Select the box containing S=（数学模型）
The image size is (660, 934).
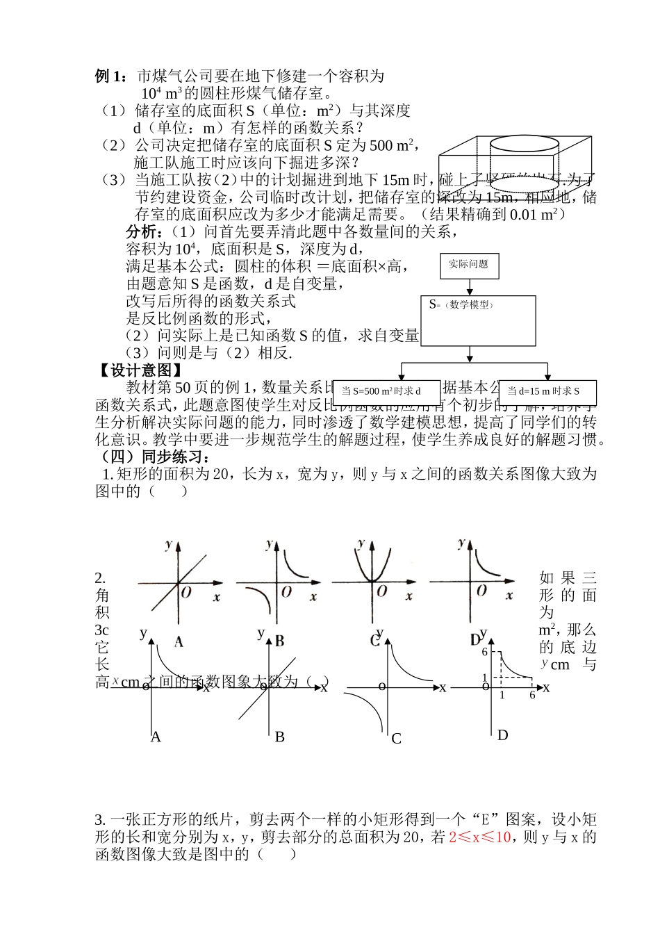tap(479, 320)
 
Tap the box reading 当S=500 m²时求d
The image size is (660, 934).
tap(388, 392)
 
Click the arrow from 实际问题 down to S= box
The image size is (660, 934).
tap(469, 287)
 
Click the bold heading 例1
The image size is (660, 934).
tap(111, 76)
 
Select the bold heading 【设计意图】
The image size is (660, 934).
tap(139, 370)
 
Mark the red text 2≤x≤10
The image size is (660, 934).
tap(480, 837)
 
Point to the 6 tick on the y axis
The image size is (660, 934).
tap(485, 652)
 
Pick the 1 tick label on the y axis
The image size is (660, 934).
tap(485, 678)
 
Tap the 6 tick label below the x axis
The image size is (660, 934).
tap(532, 695)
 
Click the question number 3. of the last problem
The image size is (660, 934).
tap(101, 820)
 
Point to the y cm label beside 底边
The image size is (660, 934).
tap(556, 664)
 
